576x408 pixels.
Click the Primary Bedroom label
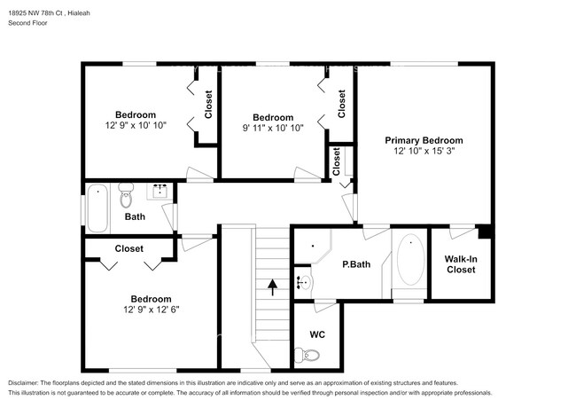[424, 140]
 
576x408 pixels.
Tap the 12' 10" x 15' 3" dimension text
[424, 152]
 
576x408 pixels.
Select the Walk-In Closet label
[460, 263]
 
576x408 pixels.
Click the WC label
[317, 334]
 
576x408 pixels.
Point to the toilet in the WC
[311, 355]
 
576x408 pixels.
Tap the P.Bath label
[355, 263]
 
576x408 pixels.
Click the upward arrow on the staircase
[273, 286]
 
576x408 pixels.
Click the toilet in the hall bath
[126, 196]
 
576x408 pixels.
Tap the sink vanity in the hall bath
[161, 192]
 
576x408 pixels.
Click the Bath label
[135, 216]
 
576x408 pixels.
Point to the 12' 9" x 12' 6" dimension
[151, 310]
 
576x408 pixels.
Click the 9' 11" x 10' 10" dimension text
[272, 128]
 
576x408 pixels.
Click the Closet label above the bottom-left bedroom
[129, 249]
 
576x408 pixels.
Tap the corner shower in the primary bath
[309, 248]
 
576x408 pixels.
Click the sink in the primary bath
[304, 283]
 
